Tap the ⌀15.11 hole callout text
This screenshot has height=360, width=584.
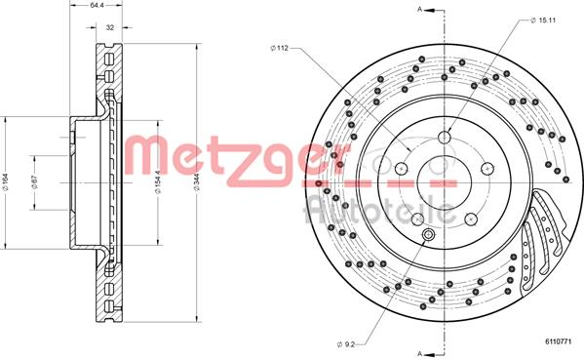click(542, 19)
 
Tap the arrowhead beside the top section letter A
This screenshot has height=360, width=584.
click(433, 9)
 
